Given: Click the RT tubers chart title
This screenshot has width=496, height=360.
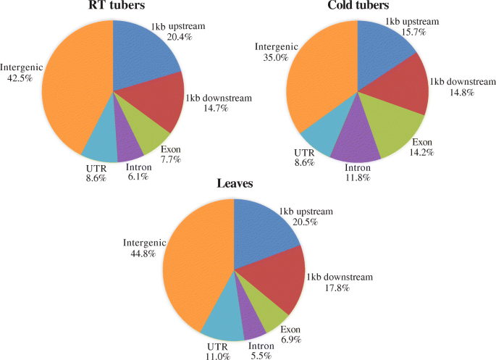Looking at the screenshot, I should click(x=112, y=8).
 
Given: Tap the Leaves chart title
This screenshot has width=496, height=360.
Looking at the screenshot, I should click(x=233, y=185).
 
